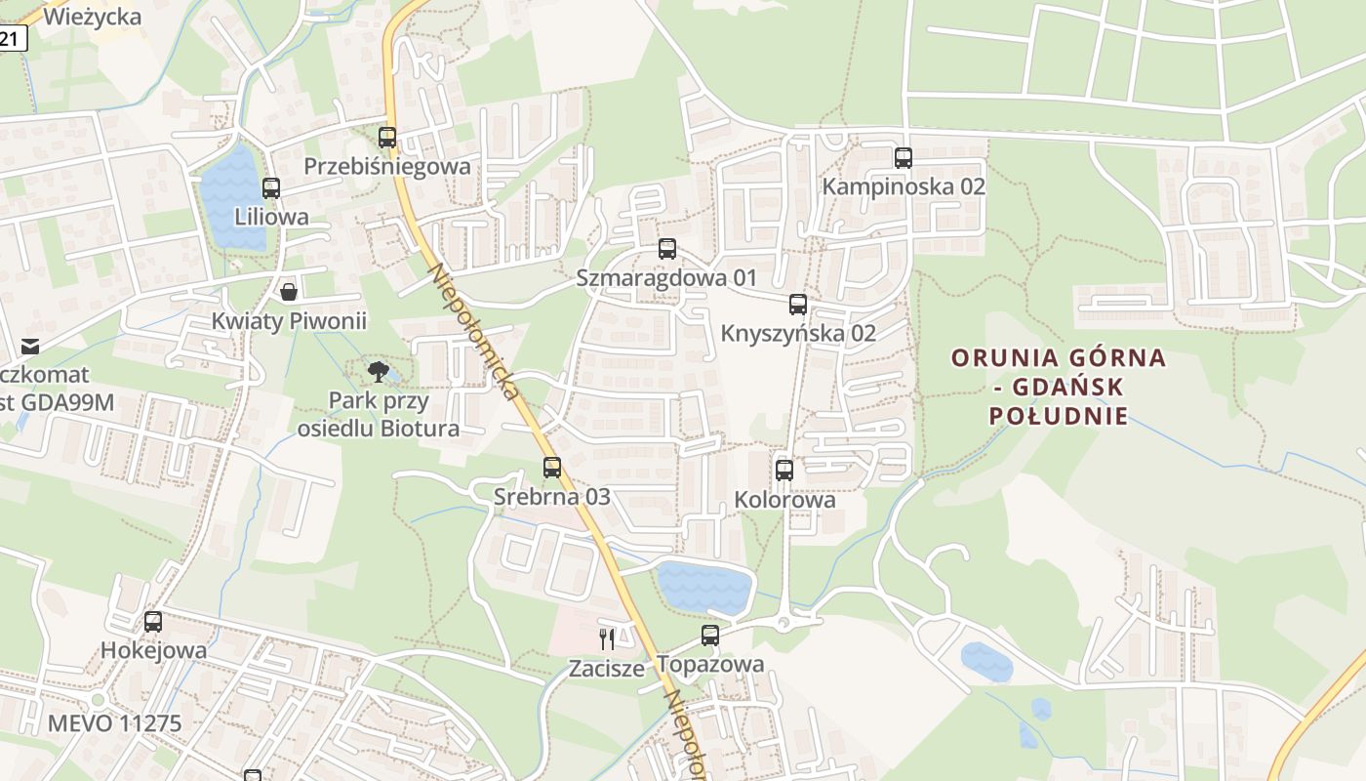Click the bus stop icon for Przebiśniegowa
pyautogui.click(x=387, y=138)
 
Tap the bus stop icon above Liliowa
pyautogui.click(x=271, y=188)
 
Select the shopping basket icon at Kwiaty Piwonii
pyautogui.click(x=289, y=291)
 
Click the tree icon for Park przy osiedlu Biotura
pyautogui.click(x=378, y=371)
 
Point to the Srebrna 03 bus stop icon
pyautogui.click(x=552, y=468)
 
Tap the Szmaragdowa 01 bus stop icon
pyautogui.click(x=667, y=249)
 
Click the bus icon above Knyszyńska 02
pyautogui.click(x=798, y=305)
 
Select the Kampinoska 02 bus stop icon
pyautogui.click(x=904, y=157)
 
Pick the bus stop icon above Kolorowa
pyautogui.click(x=784, y=471)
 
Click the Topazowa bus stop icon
pyautogui.click(x=710, y=636)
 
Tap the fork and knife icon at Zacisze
pyautogui.click(x=607, y=639)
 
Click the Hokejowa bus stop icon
pyautogui.click(x=153, y=622)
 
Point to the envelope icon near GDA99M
pyautogui.click(x=30, y=346)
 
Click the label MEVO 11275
pyautogui.click(x=114, y=724)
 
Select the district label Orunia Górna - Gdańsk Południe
pyautogui.click(x=1059, y=387)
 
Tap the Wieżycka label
pyautogui.click(x=93, y=17)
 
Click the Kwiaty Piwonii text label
pyautogui.click(x=289, y=321)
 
